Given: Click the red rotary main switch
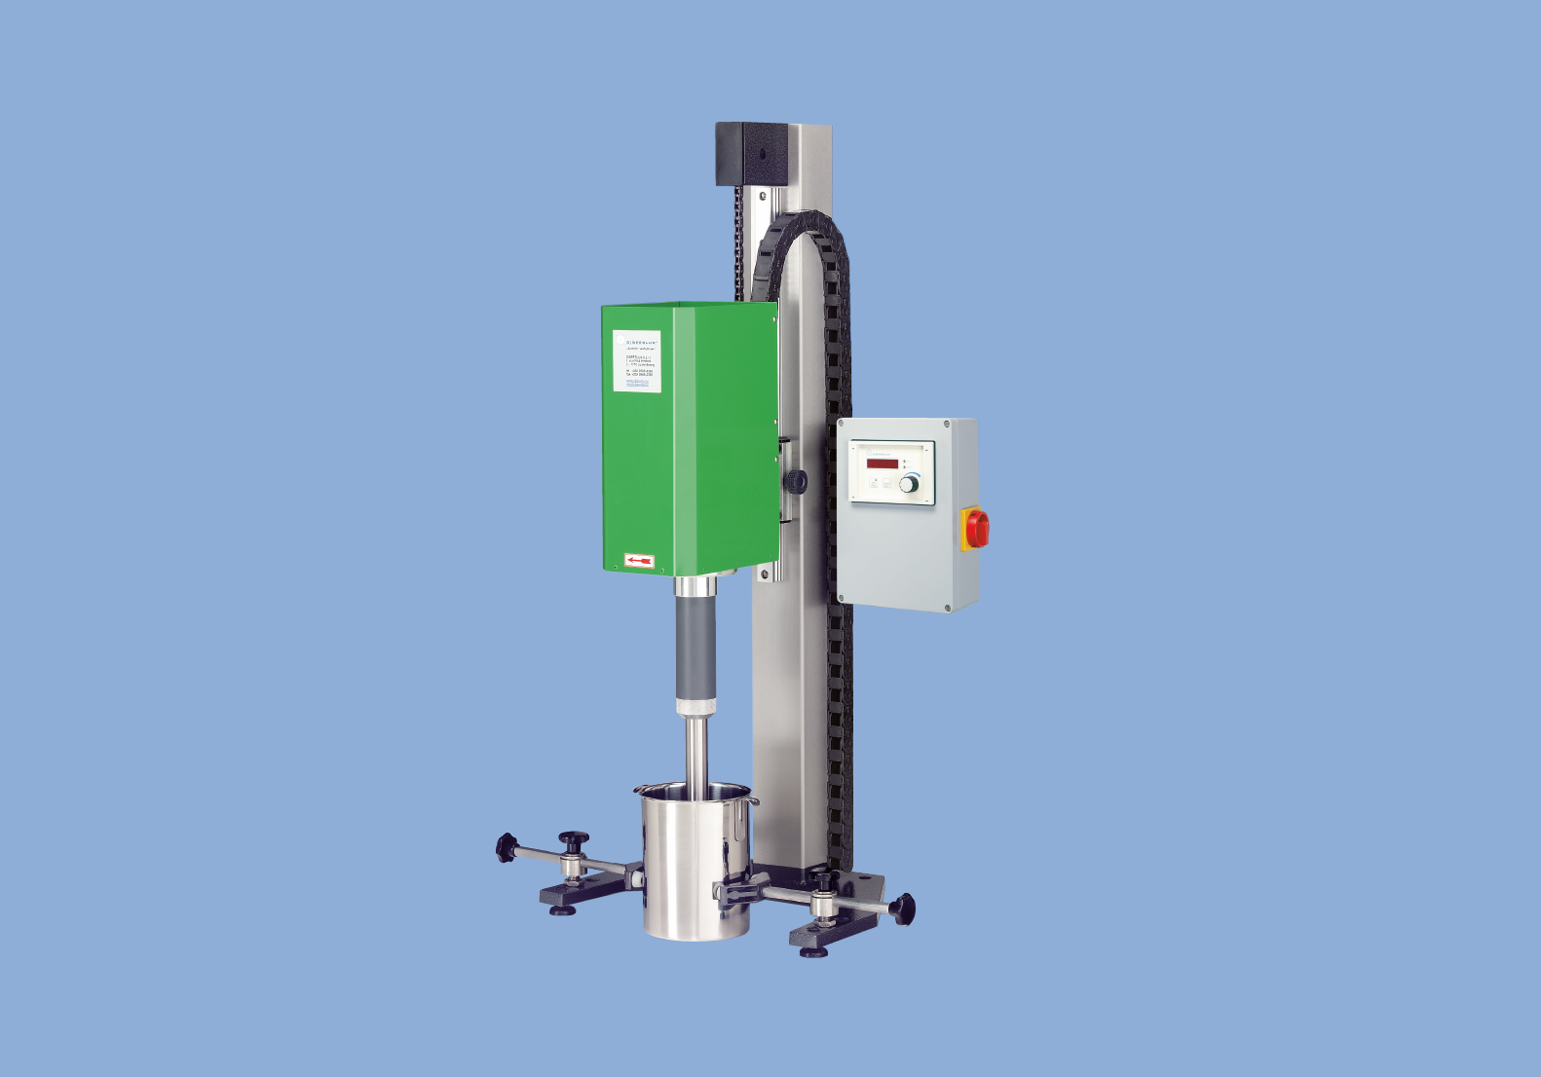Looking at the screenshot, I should coord(977,528).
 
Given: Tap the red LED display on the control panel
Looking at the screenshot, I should coord(883,464).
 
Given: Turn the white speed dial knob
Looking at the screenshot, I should coord(909,484).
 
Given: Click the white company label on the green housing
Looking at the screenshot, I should coord(637,361).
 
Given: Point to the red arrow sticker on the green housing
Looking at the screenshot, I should coord(639,561).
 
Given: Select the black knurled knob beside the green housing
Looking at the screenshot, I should coord(797,480).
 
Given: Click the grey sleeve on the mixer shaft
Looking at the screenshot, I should coord(695,647).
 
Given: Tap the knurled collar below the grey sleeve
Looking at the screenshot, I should coord(695,706).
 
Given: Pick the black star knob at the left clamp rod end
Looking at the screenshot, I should coord(506,847).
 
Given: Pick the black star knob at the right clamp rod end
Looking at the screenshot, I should coord(903,909).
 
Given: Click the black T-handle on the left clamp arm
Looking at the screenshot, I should coord(573,840).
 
